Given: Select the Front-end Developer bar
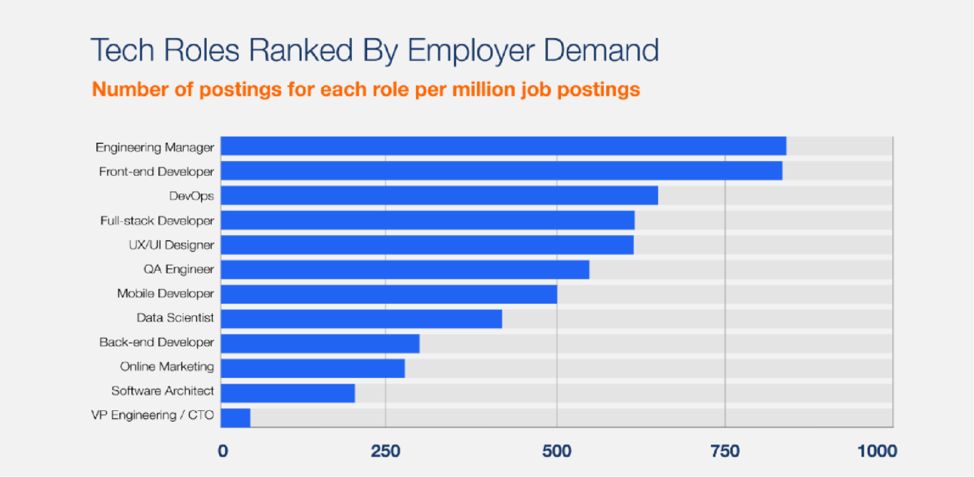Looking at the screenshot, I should tap(501, 171).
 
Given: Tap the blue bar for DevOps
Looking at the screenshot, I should tap(439, 195).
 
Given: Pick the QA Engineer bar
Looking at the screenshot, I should tap(405, 270).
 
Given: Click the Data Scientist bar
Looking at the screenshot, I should tap(361, 318).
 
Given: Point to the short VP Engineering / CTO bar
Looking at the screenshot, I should tap(235, 417).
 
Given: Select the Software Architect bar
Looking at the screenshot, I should tap(287, 393).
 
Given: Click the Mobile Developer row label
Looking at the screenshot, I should tap(165, 294).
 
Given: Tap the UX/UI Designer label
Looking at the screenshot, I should tap(171, 245).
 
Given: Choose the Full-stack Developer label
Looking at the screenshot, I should tap(157, 221).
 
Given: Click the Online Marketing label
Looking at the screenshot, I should tap(167, 367).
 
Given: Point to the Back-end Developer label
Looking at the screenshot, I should tap(156, 343).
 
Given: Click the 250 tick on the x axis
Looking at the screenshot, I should tap(386, 451).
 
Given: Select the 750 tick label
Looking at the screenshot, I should tap(725, 451).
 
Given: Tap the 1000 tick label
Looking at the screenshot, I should tap(878, 451).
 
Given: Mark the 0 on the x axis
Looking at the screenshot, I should tap(223, 451).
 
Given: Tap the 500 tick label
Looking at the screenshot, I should tap(556, 451).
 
